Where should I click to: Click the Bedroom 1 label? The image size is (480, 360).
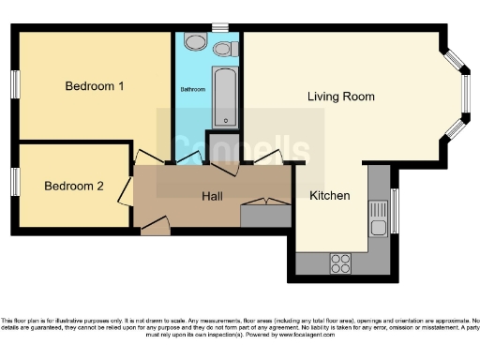click(x=95, y=86)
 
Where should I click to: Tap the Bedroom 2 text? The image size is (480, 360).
click(x=74, y=186)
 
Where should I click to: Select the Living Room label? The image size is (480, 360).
click(x=341, y=97)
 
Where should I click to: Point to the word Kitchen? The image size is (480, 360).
click(x=330, y=196)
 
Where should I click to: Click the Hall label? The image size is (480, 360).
click(x=213, y=196)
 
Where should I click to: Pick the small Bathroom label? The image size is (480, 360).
click(x=192, y=90)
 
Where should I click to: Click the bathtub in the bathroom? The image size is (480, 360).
click(x=225, y=97)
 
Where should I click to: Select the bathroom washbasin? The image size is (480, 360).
click(x=195, y=42)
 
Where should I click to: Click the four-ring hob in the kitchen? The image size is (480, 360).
click(x=340, y=263)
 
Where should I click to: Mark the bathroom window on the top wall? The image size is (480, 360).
click(x=219, y=28)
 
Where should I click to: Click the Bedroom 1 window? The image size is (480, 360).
click(x=15, y=82)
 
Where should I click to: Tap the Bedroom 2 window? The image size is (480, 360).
click(x=15, y=182)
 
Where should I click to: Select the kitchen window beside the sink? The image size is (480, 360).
click(x=395, y=212)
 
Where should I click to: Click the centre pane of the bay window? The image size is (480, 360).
click(x=466, y=93)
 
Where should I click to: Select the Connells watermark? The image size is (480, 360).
click(x=240, y=150)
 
